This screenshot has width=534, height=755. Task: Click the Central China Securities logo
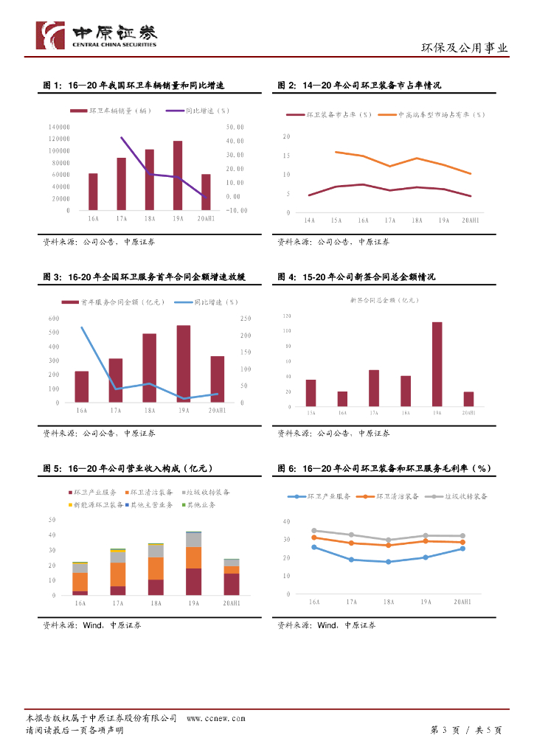point(96,35)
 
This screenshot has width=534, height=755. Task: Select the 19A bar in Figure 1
point(178,175)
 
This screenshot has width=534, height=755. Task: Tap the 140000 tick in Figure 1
point(59,128)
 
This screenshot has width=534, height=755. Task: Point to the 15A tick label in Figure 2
point(336,220)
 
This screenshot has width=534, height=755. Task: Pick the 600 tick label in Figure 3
point(54,318)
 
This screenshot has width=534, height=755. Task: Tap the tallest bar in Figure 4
point(437,364)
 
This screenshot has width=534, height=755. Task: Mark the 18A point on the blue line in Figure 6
point(389,562)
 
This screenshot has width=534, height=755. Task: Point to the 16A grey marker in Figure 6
point(314,530)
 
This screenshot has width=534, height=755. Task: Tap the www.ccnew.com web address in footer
point(215,718)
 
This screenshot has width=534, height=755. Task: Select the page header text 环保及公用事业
point(465,48)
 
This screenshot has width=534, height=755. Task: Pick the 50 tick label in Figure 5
point(52,521)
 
